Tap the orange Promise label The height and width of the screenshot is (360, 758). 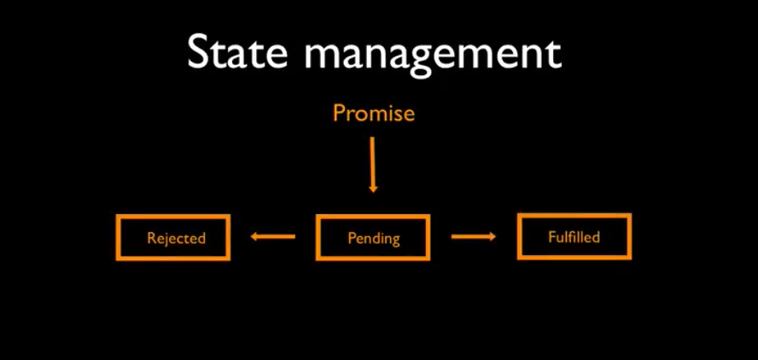(373, 113)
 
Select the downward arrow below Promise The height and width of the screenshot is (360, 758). (372, 162)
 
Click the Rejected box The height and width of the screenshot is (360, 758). (173, 237)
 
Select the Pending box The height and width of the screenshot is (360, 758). (373, 237)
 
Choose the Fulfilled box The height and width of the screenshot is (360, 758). (574, 236)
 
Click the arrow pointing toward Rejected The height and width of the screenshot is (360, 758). (273, 236)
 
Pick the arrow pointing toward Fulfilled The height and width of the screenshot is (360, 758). (473, 236)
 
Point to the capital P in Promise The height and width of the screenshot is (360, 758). (339, 113)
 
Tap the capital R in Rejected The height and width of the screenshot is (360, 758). (150, 238)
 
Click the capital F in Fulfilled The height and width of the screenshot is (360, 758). (551, 236)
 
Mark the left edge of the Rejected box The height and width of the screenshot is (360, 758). (117, 237)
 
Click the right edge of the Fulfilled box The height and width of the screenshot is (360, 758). (630, 236)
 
